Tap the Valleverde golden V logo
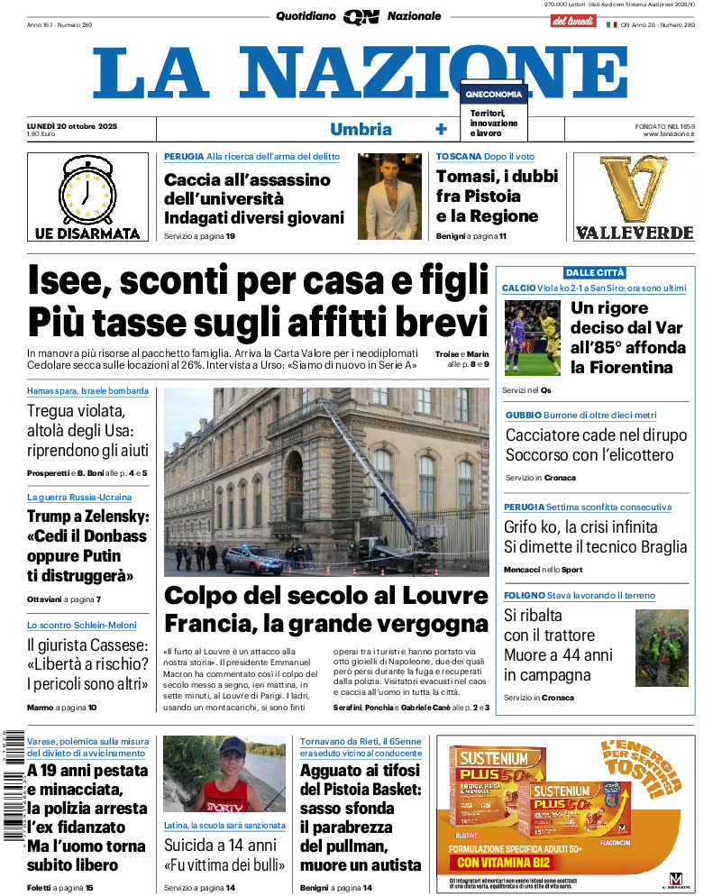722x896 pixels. (x=634, y=188)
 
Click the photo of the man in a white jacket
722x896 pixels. (x=389, y=196)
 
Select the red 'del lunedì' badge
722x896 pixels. (x=572, y=21)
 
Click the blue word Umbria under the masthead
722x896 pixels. (x=361, y=129)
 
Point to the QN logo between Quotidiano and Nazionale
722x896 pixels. (x=361, y=17)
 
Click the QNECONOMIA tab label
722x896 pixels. (x=493, y=95)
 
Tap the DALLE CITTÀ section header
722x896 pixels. (x=595, y=272)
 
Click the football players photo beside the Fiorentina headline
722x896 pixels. (x=532, y=338)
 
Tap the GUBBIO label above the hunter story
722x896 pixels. (x=524, y=415)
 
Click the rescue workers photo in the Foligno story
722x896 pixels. (x=662, y=647)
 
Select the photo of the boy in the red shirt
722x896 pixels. (x=224, y=773)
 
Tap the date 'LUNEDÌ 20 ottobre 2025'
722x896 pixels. (x=72, y=125)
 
